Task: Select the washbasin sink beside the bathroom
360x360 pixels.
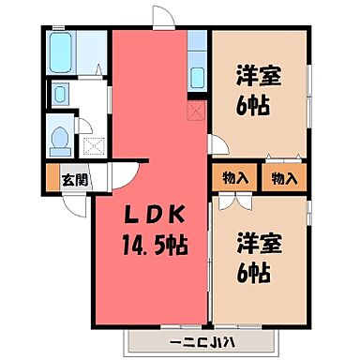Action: (59, 94)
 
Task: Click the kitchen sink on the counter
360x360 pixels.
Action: (197, 75)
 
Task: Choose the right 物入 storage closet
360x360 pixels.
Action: (284, 177)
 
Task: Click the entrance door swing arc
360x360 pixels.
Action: (123, 178)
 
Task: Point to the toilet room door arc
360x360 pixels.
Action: (86, 126)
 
